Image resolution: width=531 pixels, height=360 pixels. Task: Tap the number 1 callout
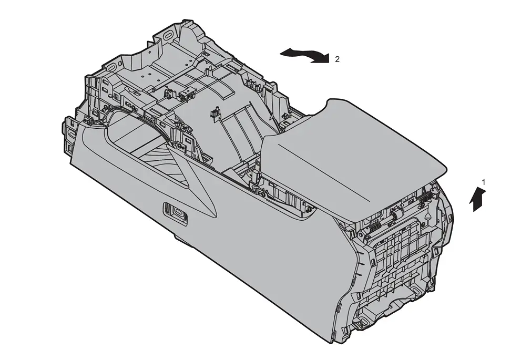coord(484,182)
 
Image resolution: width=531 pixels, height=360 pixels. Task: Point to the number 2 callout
coord(337,59)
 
